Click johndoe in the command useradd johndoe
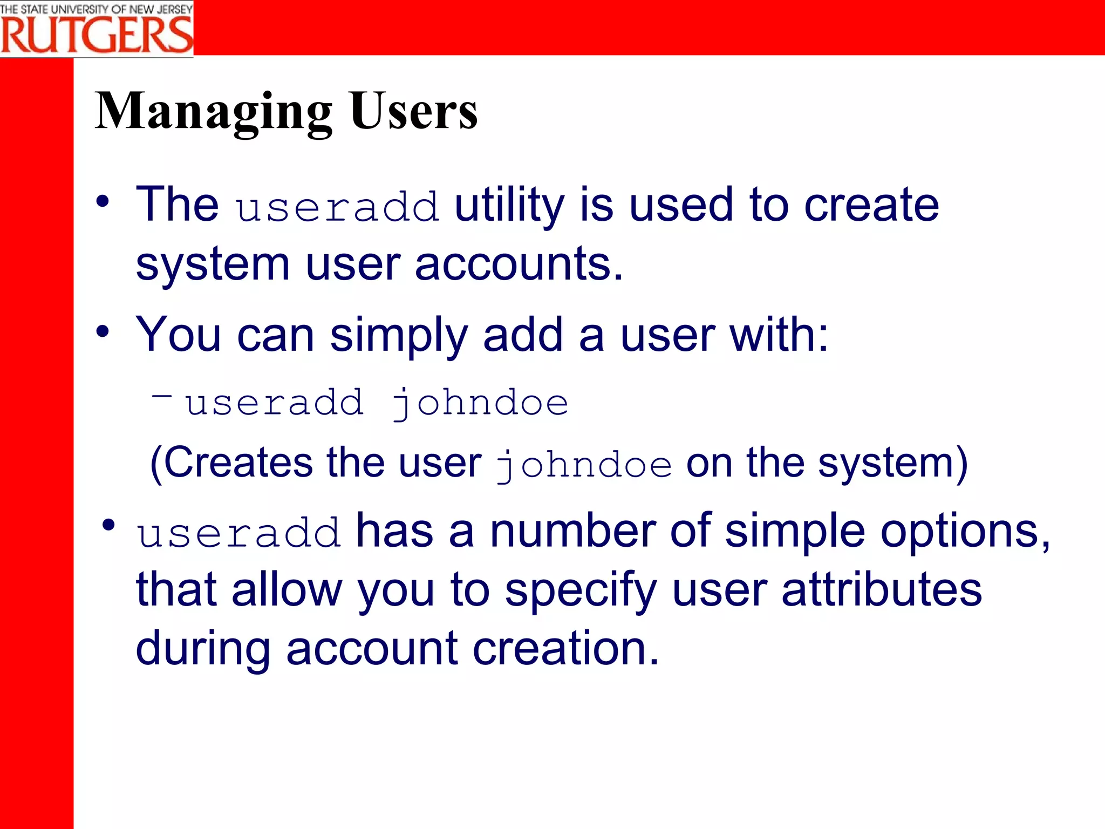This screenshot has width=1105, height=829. coord(480,404)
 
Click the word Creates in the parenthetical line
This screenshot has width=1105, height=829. coord(238,463)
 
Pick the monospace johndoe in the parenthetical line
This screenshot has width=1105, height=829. coord(584,465)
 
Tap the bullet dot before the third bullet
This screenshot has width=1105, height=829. coord(108,525)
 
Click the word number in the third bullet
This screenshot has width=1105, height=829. coord(572,531)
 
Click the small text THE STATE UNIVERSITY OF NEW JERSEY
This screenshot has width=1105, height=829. coord(96,9)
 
